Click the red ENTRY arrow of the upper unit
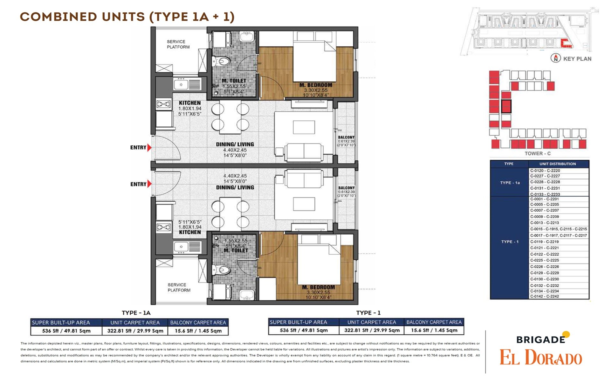point(149,148)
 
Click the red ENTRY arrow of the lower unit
point(149,184)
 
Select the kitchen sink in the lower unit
point(181,247)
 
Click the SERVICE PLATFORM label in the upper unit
point(178,44)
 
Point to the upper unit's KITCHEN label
point(190,103)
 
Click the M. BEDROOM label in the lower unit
point(318,287)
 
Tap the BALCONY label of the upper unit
point(346,137)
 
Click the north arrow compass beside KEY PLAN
point(555,58)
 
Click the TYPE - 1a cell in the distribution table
point(510,183)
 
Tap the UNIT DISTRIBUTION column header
point(558,164)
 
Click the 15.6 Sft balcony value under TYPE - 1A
point(198,331)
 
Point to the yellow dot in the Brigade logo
point(566,334)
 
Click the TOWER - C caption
point(538,153)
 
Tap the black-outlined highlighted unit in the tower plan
point(506,106)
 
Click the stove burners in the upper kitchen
point(163,104)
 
